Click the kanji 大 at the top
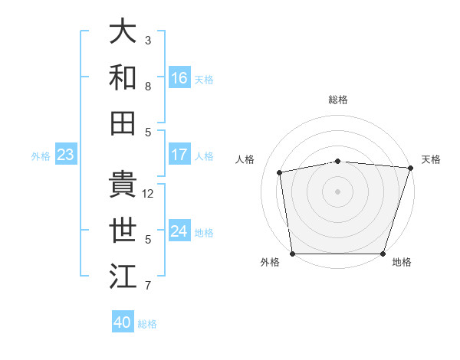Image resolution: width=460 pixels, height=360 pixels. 123,31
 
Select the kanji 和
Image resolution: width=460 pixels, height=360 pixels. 123,77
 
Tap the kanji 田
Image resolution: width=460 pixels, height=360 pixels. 123,123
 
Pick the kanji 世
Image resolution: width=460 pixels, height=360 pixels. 123,231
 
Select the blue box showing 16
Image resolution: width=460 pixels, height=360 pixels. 179,77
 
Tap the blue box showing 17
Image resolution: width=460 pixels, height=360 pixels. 179,155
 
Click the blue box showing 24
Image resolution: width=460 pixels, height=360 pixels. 179,231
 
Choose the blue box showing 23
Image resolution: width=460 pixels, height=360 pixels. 65,155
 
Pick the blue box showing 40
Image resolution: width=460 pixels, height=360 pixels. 123,322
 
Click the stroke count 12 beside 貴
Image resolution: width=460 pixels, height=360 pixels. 149,194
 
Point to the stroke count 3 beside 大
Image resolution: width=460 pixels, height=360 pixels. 148,40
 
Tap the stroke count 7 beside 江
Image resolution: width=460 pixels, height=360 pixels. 148,286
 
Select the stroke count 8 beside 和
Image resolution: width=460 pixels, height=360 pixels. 148,87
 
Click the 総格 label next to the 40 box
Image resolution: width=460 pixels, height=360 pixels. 147,324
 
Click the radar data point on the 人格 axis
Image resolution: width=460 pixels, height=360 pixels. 281,172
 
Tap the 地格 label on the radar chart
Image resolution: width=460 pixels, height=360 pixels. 402,263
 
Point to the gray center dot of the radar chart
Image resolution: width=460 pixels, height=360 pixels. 337,191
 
